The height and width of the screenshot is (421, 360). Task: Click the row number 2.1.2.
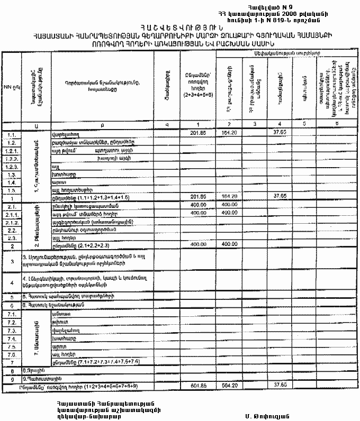pos(11,223)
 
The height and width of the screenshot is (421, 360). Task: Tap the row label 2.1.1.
pos(11,214)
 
